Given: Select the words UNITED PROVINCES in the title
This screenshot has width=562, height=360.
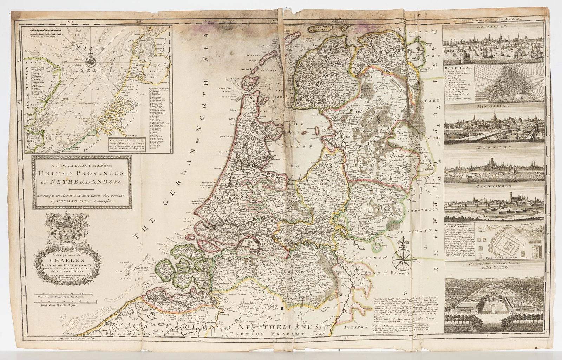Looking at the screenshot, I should coord(82,173).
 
